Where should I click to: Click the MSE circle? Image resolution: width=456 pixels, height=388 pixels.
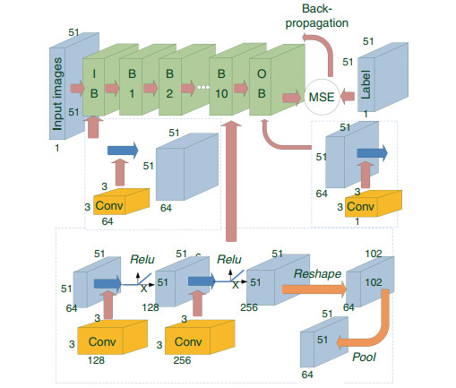pyautogui.click(x=322, y=97)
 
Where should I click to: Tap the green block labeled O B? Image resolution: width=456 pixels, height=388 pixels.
pyautogui.click(x=277, y=80)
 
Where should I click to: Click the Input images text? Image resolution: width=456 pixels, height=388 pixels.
pyautogui.click(x=57, y=94)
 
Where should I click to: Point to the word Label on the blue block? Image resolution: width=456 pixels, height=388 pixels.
pyautogui.click(x=366, y=84)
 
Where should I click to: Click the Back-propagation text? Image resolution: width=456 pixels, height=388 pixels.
pyautogui.click(x=317, y=16)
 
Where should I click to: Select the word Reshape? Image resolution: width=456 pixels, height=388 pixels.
pyautogui.click(x=317, y=273)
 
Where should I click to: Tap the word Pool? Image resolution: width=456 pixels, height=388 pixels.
pyautogui.click(x=364, y=357)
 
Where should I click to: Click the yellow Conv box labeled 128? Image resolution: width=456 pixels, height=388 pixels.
pyautogui.click(x=113, y=337)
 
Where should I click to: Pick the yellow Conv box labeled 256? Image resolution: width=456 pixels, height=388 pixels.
pyautogui.click(x=200, y=337)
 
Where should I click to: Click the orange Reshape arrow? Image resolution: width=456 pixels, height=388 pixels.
pyautogui.click(x=314, y=289)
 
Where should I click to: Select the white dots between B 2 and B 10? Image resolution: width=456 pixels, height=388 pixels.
pyautogui.click(x=203, y=87)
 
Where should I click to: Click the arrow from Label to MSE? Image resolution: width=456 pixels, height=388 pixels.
pyautogui.click(x=348, y=96)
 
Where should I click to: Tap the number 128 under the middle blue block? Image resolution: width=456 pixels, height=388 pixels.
pyautogui.click(x=151, y=307)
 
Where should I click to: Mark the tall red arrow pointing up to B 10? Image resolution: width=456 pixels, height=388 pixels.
pyautogui.click(x=231, y=181)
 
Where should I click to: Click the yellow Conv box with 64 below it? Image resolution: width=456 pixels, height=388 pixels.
pyautogui.click(x=121, y=202)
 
